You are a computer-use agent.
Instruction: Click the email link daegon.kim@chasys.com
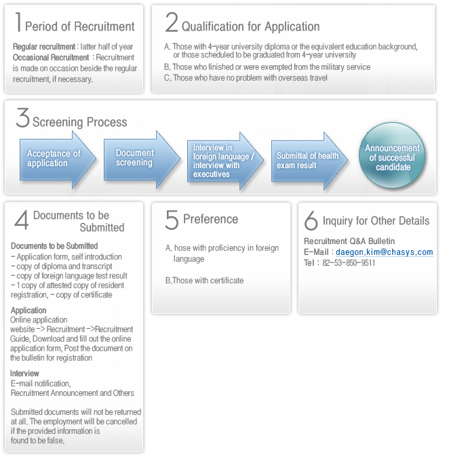[384, 252]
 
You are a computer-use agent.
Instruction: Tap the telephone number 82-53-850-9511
[349, 263]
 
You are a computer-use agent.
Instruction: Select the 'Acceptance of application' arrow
[58, 159]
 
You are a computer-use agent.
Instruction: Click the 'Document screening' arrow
[142, 159]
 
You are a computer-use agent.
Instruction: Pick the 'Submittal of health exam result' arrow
[309, 161]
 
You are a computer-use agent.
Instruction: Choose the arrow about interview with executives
[225, 161]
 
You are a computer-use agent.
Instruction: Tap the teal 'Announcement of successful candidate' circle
[392, 155]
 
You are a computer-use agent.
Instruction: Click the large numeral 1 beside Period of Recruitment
[18, 22]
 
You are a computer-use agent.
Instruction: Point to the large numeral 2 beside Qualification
[172, 22]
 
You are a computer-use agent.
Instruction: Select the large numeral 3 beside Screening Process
[23, 117]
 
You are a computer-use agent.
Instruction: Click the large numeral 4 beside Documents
[22, 220]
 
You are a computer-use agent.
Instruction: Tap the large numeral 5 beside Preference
[172, 220]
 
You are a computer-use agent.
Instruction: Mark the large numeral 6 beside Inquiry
[311, 220]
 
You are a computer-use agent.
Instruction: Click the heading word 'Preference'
[211, 219]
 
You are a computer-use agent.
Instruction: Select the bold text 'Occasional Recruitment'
[51, 58]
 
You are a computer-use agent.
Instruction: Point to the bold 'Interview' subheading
[24, 373]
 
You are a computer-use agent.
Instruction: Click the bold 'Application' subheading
[28, 310]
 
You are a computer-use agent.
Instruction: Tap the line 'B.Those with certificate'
[204, 280]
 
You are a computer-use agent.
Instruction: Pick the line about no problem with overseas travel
[246, 78]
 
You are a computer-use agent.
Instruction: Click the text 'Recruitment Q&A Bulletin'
[349, 241]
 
